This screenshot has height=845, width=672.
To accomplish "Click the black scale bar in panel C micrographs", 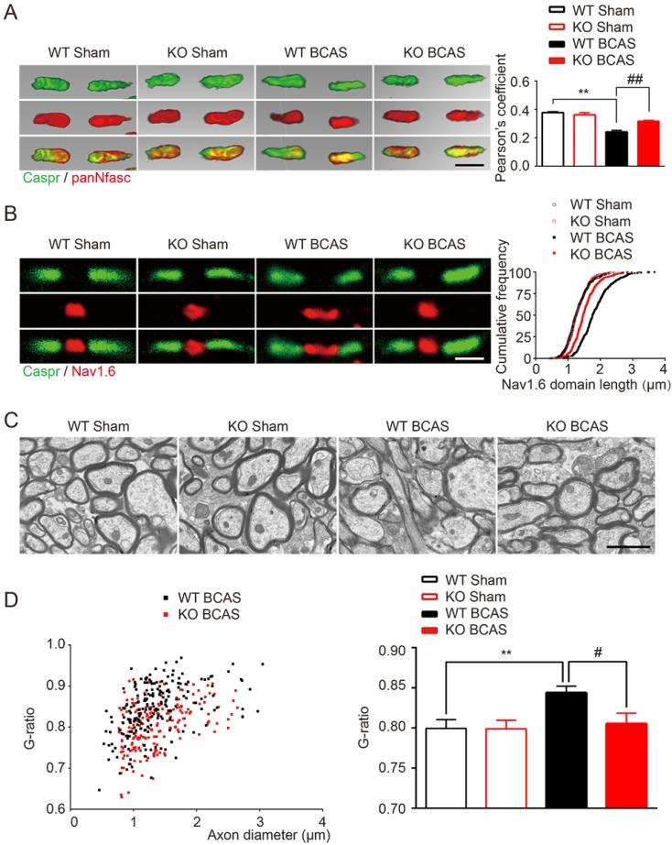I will click(x=626, y=546).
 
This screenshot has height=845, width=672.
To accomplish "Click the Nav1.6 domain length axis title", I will click(x=575, y=387).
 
